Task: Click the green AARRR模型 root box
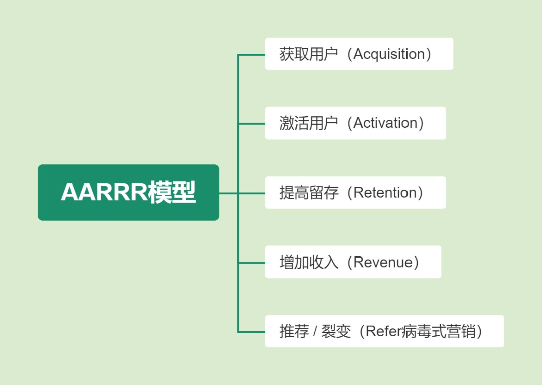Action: pyautogui.click(x=128, y=192)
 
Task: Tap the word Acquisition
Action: pyautogui.click(x=389, y=54)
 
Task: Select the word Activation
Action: pyautogui.click(x=385, y=123)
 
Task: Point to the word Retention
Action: pyautogui.click(x=385, y=193)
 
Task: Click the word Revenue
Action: pyautogui.click(x=383, y=263)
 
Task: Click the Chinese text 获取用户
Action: pyautogui.click(x=308, y=54)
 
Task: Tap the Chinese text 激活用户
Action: pyautogui.click(x=308, y=123)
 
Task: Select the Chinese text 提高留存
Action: pyautogui.click(x=308, y=193)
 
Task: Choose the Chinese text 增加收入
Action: pyautogui.click(x=308, y=263)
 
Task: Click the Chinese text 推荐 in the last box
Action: pyautogui.click(x=294, y=331)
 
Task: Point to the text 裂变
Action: pyautogui.click(x=336, y=331)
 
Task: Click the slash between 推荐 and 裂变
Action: pyautogui.click(x=315, y=332)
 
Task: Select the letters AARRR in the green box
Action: pyautogui.click(x=104, y=192)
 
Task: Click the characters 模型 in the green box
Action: pyautogui.click(x=172, y=192)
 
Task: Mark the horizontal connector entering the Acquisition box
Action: pyautogui.click(x=251, y=55)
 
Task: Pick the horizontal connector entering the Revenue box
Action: pyautogui.click(x=251, y=263)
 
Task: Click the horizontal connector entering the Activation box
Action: pyautogui.click(x=251, y=123)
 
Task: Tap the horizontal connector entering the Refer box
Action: pyautogui.click(x=251, y=332)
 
